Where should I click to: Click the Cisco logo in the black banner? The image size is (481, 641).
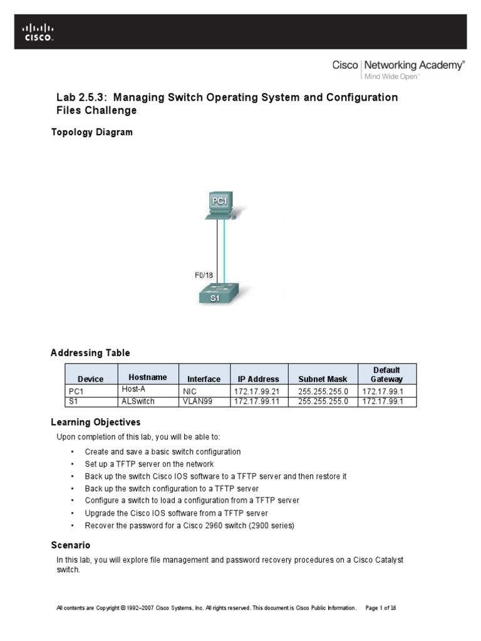point(39,32)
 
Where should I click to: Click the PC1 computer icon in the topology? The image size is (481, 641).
point(219,205)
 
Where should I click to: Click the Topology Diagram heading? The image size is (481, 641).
point(91,132)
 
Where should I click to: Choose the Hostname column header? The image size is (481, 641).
point(148,377)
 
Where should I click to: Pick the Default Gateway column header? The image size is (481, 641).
point(387,374)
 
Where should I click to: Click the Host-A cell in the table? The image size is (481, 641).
point(133,389)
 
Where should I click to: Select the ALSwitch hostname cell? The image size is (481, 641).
point(138,401)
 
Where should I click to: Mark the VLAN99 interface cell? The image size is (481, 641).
point(197,401)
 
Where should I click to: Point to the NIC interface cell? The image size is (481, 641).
point(190,391)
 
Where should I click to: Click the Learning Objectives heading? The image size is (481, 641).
point(96,423)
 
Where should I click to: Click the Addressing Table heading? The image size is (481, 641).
point(90,353)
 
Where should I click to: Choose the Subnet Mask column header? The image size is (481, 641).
point(323,379)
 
